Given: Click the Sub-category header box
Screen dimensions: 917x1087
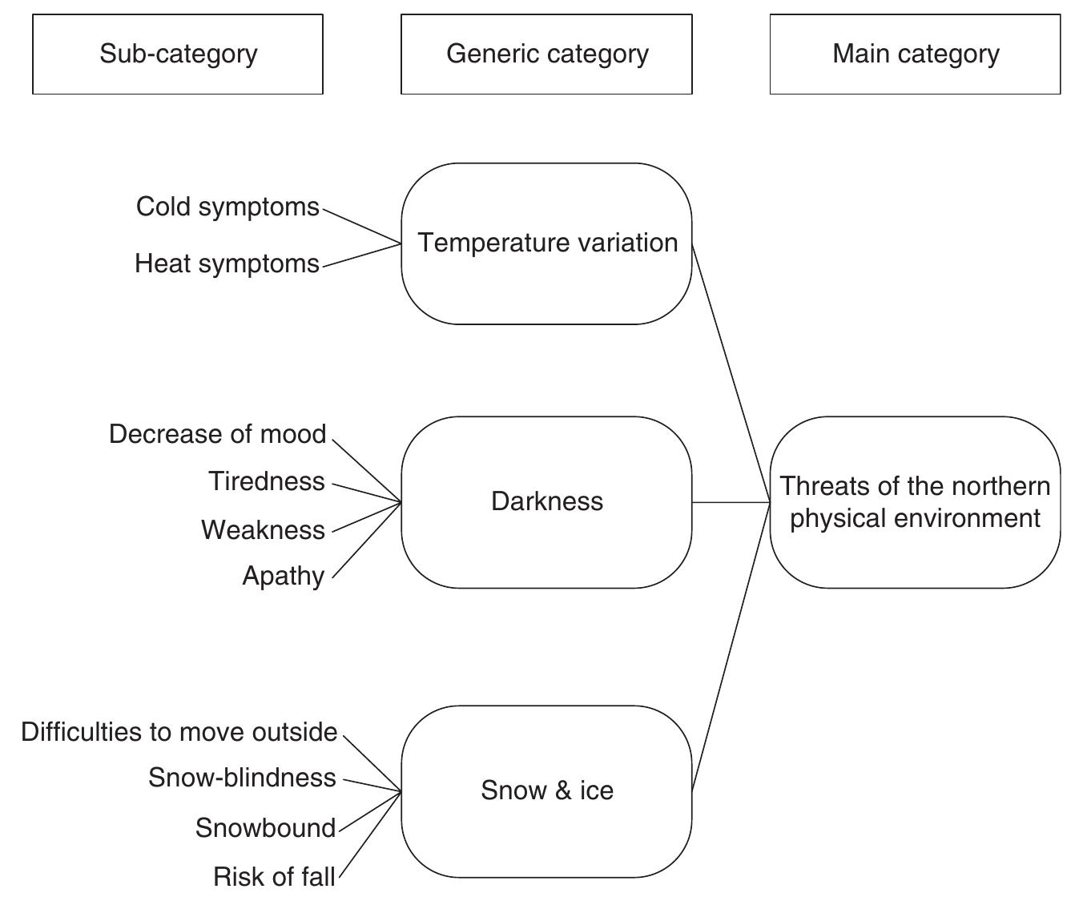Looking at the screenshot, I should coord(178,54).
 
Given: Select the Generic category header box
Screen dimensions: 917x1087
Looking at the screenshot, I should coord(546,54).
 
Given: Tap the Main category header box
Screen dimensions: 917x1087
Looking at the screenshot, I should coord(915,54).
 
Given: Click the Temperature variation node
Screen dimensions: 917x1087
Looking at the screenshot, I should coord(546,243).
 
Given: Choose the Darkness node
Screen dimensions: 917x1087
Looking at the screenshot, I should coord(546,502).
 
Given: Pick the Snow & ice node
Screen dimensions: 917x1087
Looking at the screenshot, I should coord(546,791).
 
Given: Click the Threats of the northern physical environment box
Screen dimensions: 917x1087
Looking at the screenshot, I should coord(915,502).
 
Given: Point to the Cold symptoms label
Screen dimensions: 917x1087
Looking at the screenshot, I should coord(227,207).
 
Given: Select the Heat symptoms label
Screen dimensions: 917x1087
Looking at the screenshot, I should coord(227,263).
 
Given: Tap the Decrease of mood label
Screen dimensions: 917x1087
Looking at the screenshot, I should coord(217,434).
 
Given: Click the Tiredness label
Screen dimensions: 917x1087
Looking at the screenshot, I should coord(267,481).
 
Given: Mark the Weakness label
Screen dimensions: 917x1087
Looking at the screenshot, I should coord(263,530).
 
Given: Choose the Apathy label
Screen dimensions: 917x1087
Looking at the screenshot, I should coord(284,577).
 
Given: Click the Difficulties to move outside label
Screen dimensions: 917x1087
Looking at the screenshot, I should coord(179,732).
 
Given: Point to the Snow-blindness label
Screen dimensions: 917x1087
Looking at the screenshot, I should coord(242,778).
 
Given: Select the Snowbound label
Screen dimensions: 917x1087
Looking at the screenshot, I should coord(265,828).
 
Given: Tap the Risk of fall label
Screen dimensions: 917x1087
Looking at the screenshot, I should coord(274,877).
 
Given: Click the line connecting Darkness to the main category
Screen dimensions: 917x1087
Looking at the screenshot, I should coord(731,502).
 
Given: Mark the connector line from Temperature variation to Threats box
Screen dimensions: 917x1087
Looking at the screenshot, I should coord(731,373).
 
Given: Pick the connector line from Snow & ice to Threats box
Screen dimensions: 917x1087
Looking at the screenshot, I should coord(731,647).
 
